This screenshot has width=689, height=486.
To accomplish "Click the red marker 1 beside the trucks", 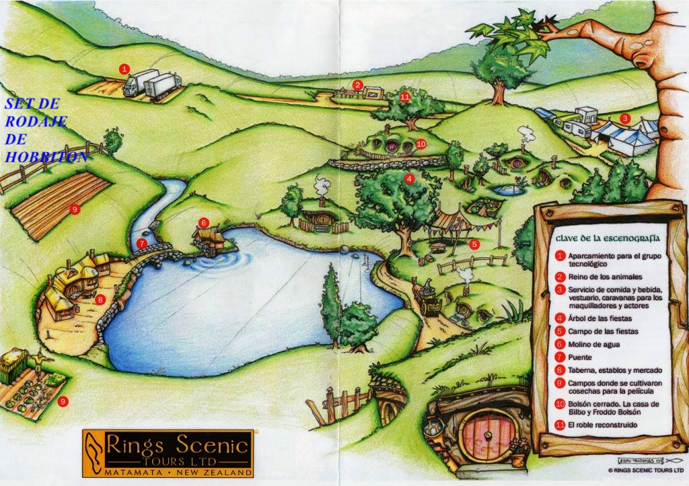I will pyautogui.click(x=124, y=69).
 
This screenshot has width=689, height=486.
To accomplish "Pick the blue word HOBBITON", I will pyautogui.click(x=46, y=157).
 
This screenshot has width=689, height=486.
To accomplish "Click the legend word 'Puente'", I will pyautogui.click(x=579, y=357).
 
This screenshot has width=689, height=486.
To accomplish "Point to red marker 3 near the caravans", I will pyautogui.click(x=625, y=118).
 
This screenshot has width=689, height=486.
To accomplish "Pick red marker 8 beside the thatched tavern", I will pyautogui.click(x=100, y=299).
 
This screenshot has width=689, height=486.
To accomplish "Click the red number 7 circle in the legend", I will pyautogui.click(x=560, y=357).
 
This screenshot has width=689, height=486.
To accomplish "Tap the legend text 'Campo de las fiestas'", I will pyautogui.click(x=602, y=331).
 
